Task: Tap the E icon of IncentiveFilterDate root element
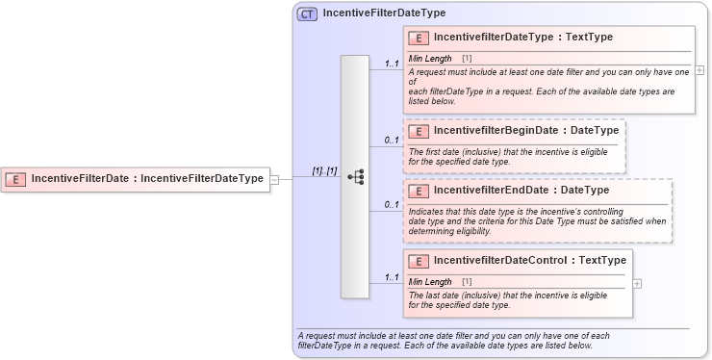click(x=15, y=178)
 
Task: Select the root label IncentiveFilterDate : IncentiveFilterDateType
click(x=147, y=178)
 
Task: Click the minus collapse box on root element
click(x=274, y=178)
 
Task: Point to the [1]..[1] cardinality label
click(x=324, y=170)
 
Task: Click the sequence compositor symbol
click(x=355, y=177)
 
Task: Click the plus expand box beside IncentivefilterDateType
click(x=699, y=70)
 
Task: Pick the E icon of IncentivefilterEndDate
click(x=419, y=190)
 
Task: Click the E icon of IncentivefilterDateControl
click(x=419, y=261)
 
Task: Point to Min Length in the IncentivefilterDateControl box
click(x=430, y=281)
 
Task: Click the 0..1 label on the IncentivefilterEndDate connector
click(x=392, y=204)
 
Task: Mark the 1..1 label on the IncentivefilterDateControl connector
click(x=392, y=276)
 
